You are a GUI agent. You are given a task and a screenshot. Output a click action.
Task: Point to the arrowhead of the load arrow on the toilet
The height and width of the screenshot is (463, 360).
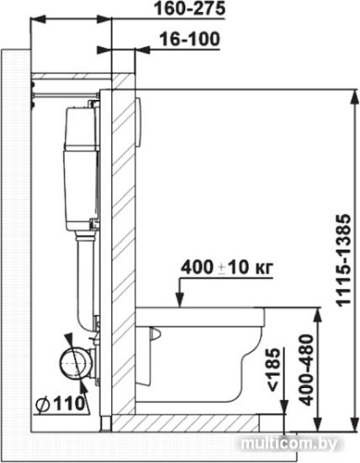(179, 302)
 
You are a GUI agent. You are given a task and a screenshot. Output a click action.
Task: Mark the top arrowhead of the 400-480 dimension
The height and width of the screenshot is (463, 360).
(317, 313)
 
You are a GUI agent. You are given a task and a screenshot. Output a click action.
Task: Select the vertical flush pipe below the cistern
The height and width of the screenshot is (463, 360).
(85, 278)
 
